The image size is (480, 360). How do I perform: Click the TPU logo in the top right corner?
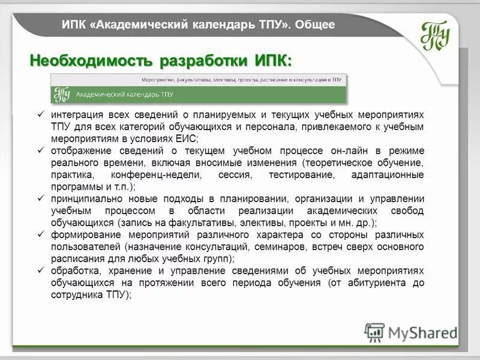coord(435,35)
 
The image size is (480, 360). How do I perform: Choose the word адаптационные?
coord(388,175)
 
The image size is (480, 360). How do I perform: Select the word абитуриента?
coord(373,283)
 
